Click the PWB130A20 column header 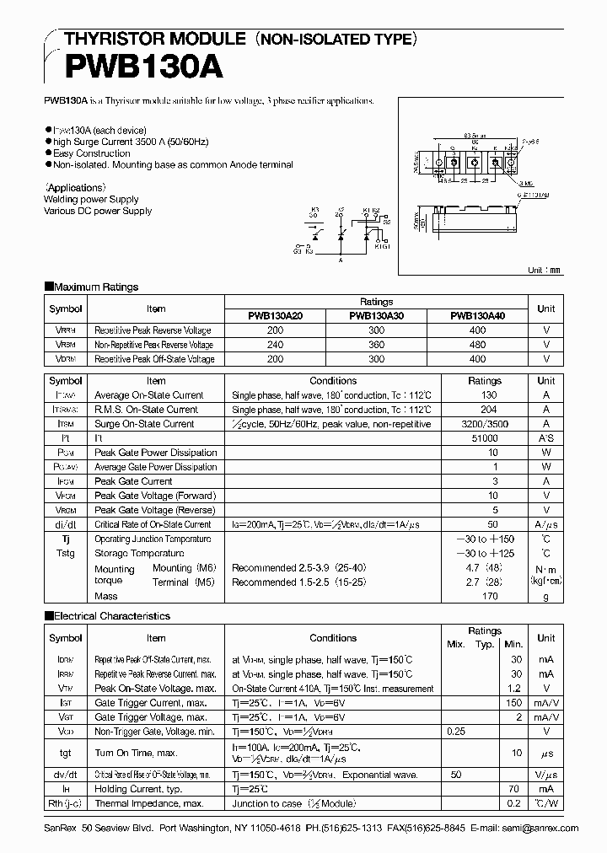click(275, 316)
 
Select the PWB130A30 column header click(376, 316)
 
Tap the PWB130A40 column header click(478, 316)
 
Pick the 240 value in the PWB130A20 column click(275, 345)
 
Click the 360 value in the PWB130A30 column click(376, 345)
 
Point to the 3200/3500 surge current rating click(485, 424)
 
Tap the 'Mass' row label click(106, 596)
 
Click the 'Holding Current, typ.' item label click(139, 789)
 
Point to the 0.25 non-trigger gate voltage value click(457, 732)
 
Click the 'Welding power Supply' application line click(91, 200)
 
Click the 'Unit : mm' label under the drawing click(545, 270)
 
